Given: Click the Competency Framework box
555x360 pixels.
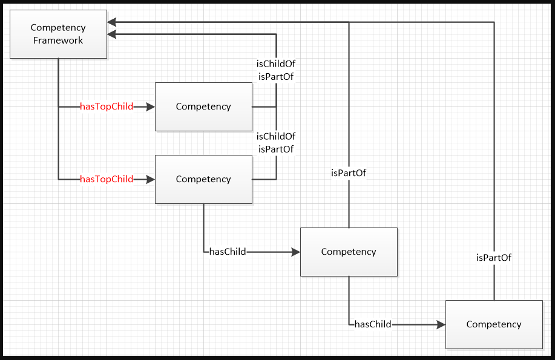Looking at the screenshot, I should pos(58,34).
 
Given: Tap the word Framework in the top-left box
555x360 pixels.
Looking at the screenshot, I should pos(58,41).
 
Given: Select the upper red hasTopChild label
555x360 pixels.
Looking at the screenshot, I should pos(107,106).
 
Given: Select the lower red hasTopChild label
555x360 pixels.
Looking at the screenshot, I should pos(107,179).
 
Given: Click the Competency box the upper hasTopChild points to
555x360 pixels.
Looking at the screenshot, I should pos(203,106).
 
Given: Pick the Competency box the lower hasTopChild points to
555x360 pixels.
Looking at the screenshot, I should pos(203,179).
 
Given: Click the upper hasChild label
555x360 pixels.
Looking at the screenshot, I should pos(228,252).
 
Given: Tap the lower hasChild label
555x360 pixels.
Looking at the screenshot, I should pos(373,324).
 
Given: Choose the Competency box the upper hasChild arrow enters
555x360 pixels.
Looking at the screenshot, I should pos(349,252).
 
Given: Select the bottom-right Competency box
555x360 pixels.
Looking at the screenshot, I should pos(494,324).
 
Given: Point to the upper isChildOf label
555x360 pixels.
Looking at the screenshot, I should pos(276,64).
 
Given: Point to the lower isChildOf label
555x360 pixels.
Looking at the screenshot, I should pos(276,137).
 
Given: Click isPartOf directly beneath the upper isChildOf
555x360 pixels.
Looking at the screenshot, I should pos(276,76).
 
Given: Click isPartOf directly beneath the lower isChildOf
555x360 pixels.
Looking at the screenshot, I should pos(276,149).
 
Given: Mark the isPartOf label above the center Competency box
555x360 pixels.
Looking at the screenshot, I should pos(349,173).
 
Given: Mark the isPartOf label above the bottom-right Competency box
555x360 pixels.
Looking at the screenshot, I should pos(494,258).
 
